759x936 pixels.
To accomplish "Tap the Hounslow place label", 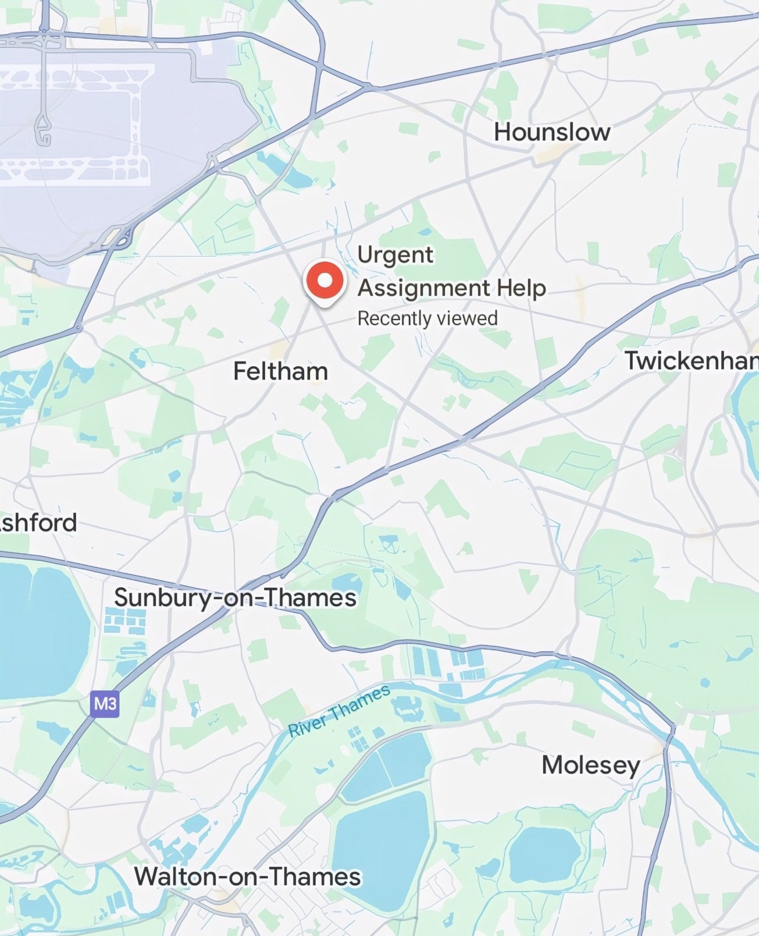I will click(552, 132).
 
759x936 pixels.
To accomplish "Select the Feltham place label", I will click(280, 371).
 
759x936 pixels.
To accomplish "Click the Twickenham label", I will click(691, 361).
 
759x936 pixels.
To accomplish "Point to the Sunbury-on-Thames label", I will click(235, 598).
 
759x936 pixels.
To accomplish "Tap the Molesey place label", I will click(590, 765).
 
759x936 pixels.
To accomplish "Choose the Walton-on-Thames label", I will click(248, 877).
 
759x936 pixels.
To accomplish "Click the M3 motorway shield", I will click(105, 704).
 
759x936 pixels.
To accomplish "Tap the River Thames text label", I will click(339, 711).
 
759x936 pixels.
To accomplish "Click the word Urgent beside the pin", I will click(395, 255).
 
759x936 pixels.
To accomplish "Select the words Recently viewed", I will click(427, 318).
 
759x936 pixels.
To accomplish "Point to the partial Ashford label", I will click(38, 523).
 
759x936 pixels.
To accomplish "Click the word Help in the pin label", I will click(521, 288).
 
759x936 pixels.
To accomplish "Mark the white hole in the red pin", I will click(325, 280).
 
